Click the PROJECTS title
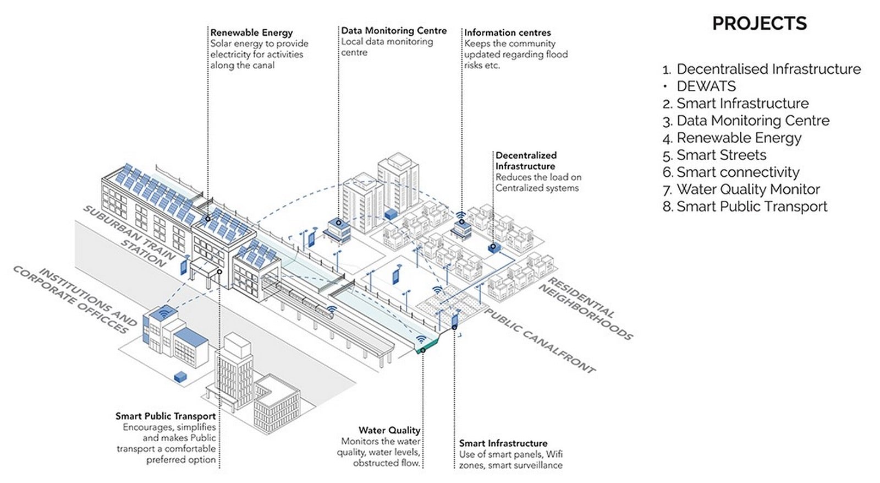759,23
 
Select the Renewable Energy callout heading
251,32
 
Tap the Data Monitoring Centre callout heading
394,31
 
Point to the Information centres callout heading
508,32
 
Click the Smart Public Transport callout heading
166,416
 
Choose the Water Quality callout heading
389,430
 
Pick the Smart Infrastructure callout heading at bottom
503,443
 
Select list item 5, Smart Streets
714,155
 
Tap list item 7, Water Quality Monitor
741,189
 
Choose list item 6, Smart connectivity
731,172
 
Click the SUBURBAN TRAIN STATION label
130,236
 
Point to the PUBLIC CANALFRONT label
540,340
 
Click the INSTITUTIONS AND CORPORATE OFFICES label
75,300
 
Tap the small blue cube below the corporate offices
181,376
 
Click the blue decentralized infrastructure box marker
494,247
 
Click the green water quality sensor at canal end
429,347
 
